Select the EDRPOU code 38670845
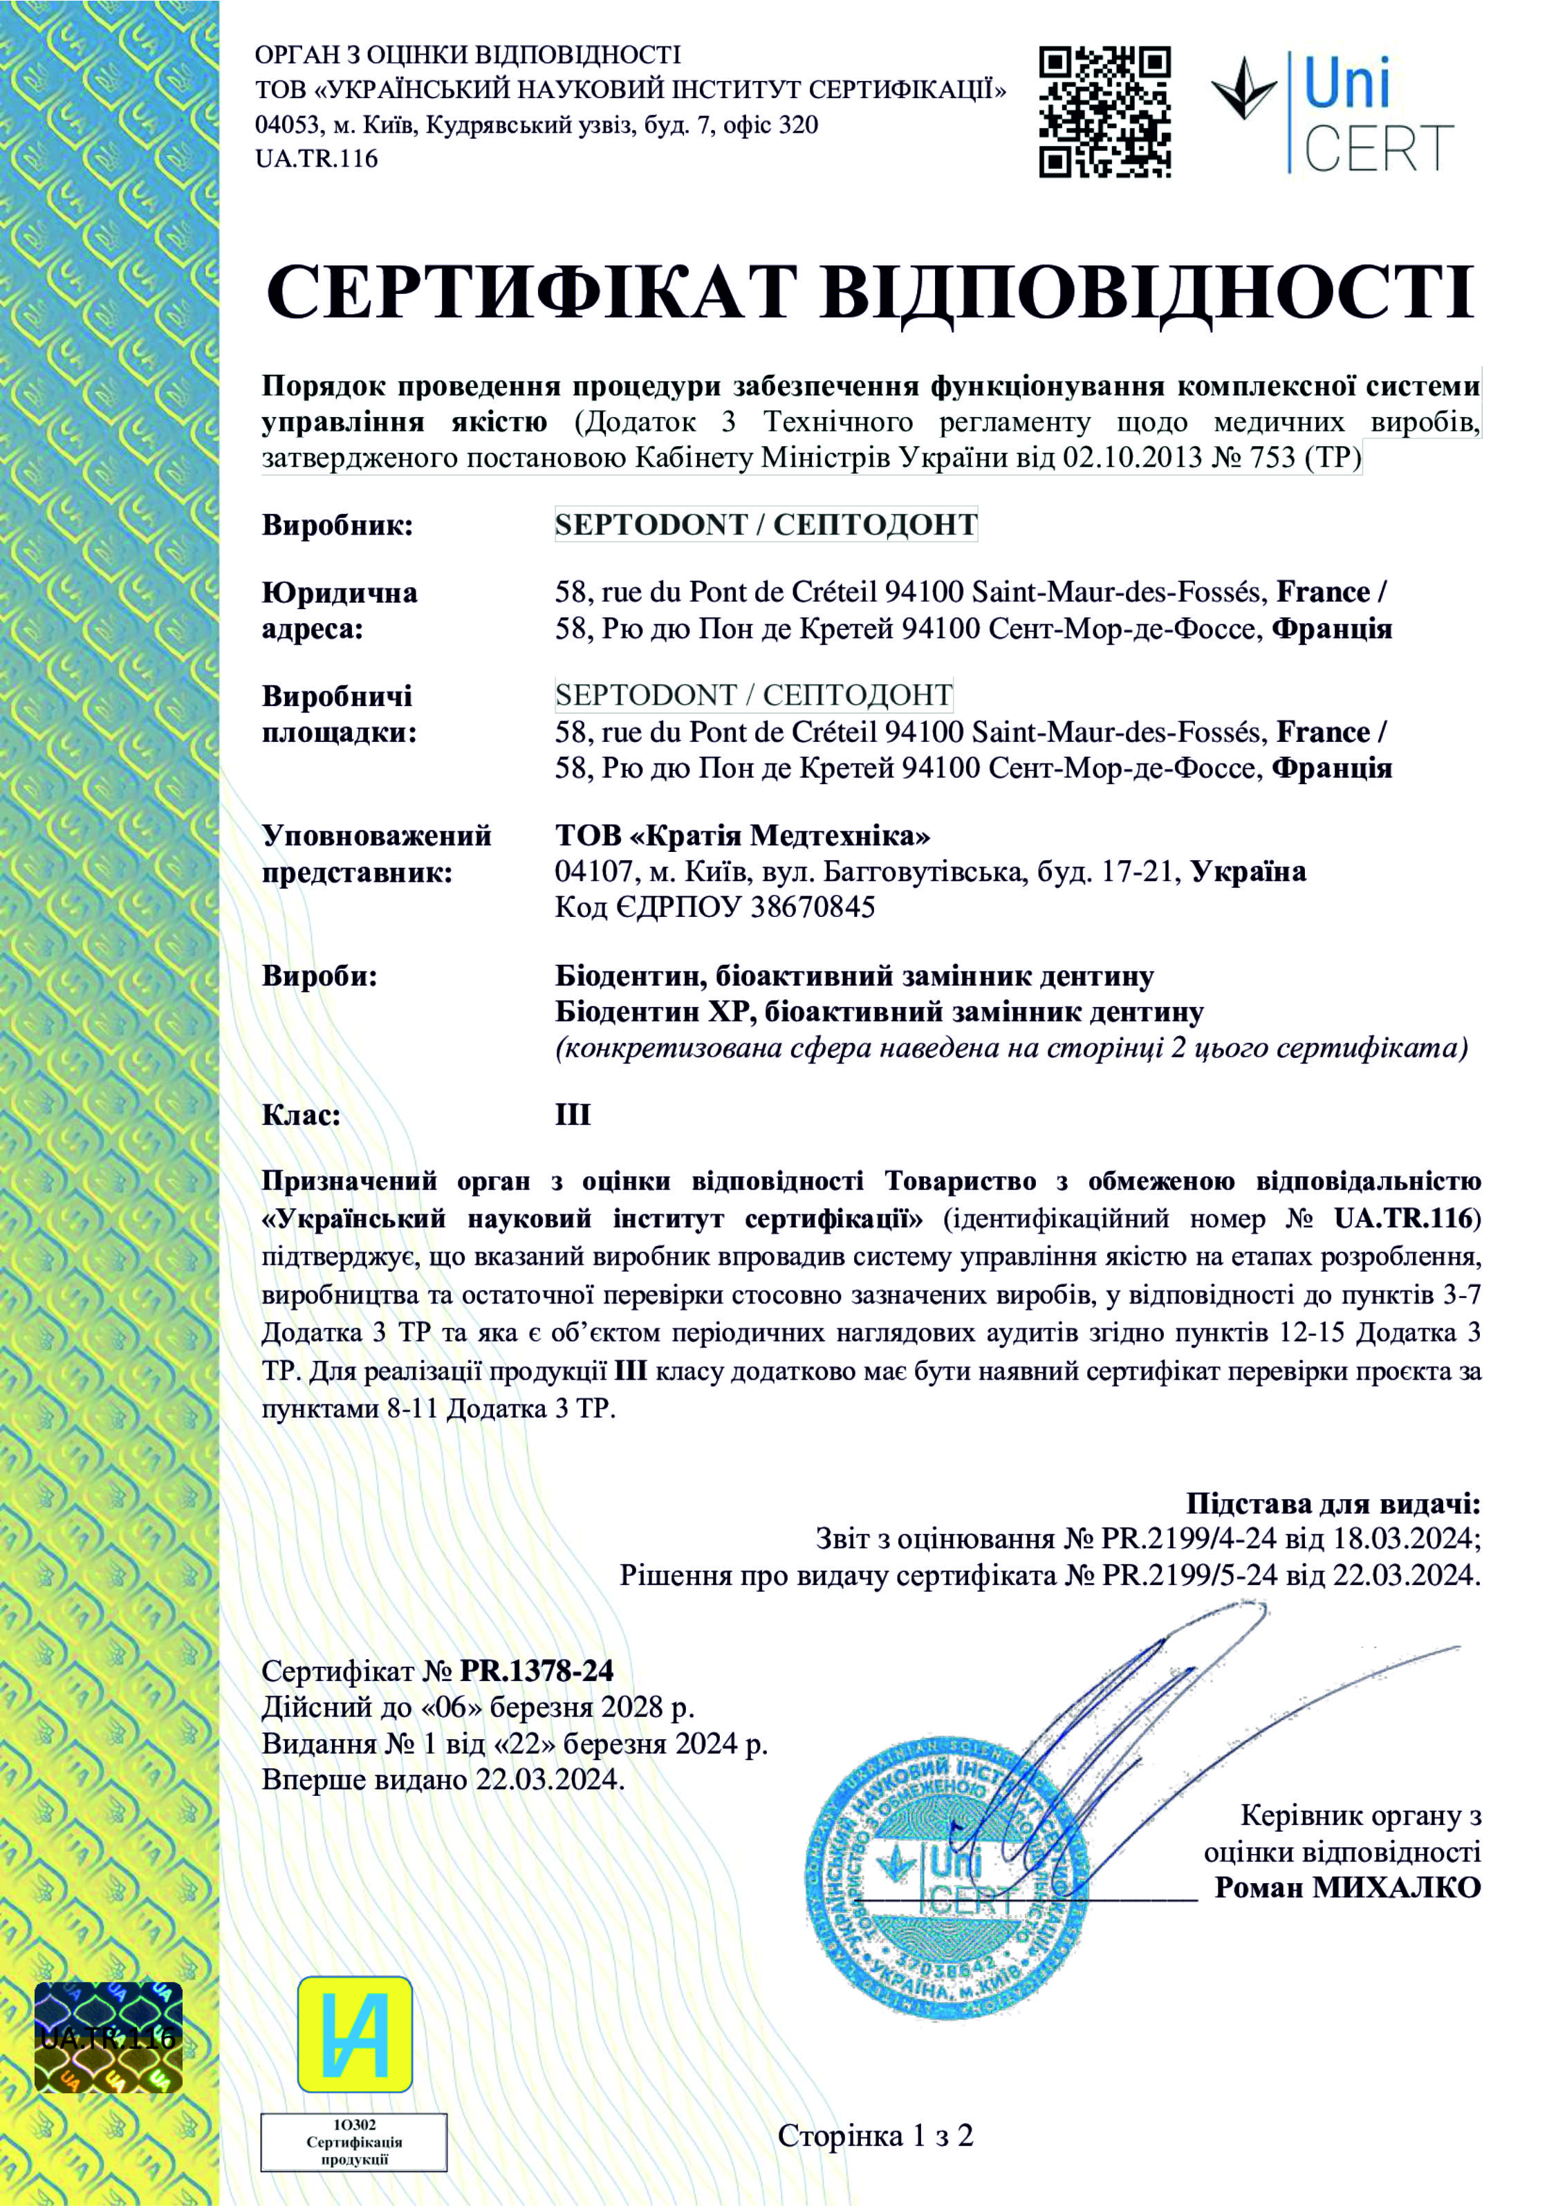pos(812,907)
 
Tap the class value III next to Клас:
pos(573,1115)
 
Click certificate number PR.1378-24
pos(536,1671)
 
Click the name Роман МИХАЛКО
pos(1347,1887)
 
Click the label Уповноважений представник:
pos(376,854)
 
